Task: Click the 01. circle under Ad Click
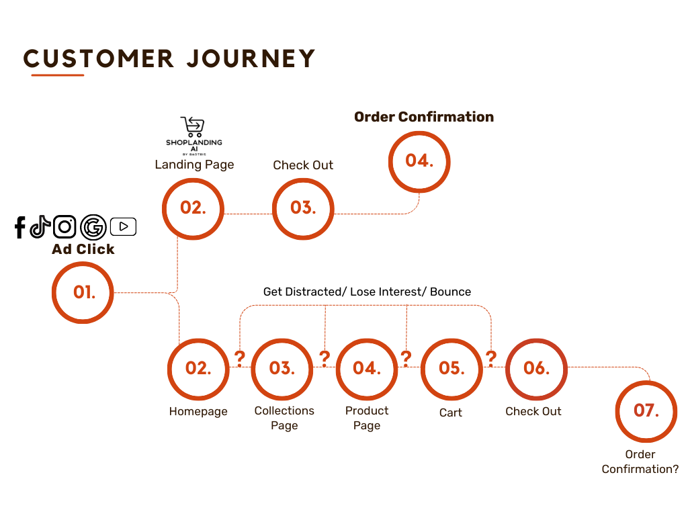(83, 293)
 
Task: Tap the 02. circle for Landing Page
(193, 208)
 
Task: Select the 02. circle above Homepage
(198, 369)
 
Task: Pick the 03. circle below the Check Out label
(303, 208)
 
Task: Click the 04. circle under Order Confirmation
(419, 161)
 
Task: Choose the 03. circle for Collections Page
(282, 369)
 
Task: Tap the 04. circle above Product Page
(367, 369)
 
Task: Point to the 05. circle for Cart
(451, 369)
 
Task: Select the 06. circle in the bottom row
(536, 369)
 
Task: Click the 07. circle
(646, 411)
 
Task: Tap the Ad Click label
(83, 249)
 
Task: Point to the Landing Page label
(194, 165)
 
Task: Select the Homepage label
(198, 412)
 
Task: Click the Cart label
(451, 413)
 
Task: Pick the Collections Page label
(284, 418)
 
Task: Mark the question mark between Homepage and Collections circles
(240, 357)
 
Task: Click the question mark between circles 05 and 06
(491, 357)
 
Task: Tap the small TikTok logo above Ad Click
(41, 226)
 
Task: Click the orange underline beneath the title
(58, 75)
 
